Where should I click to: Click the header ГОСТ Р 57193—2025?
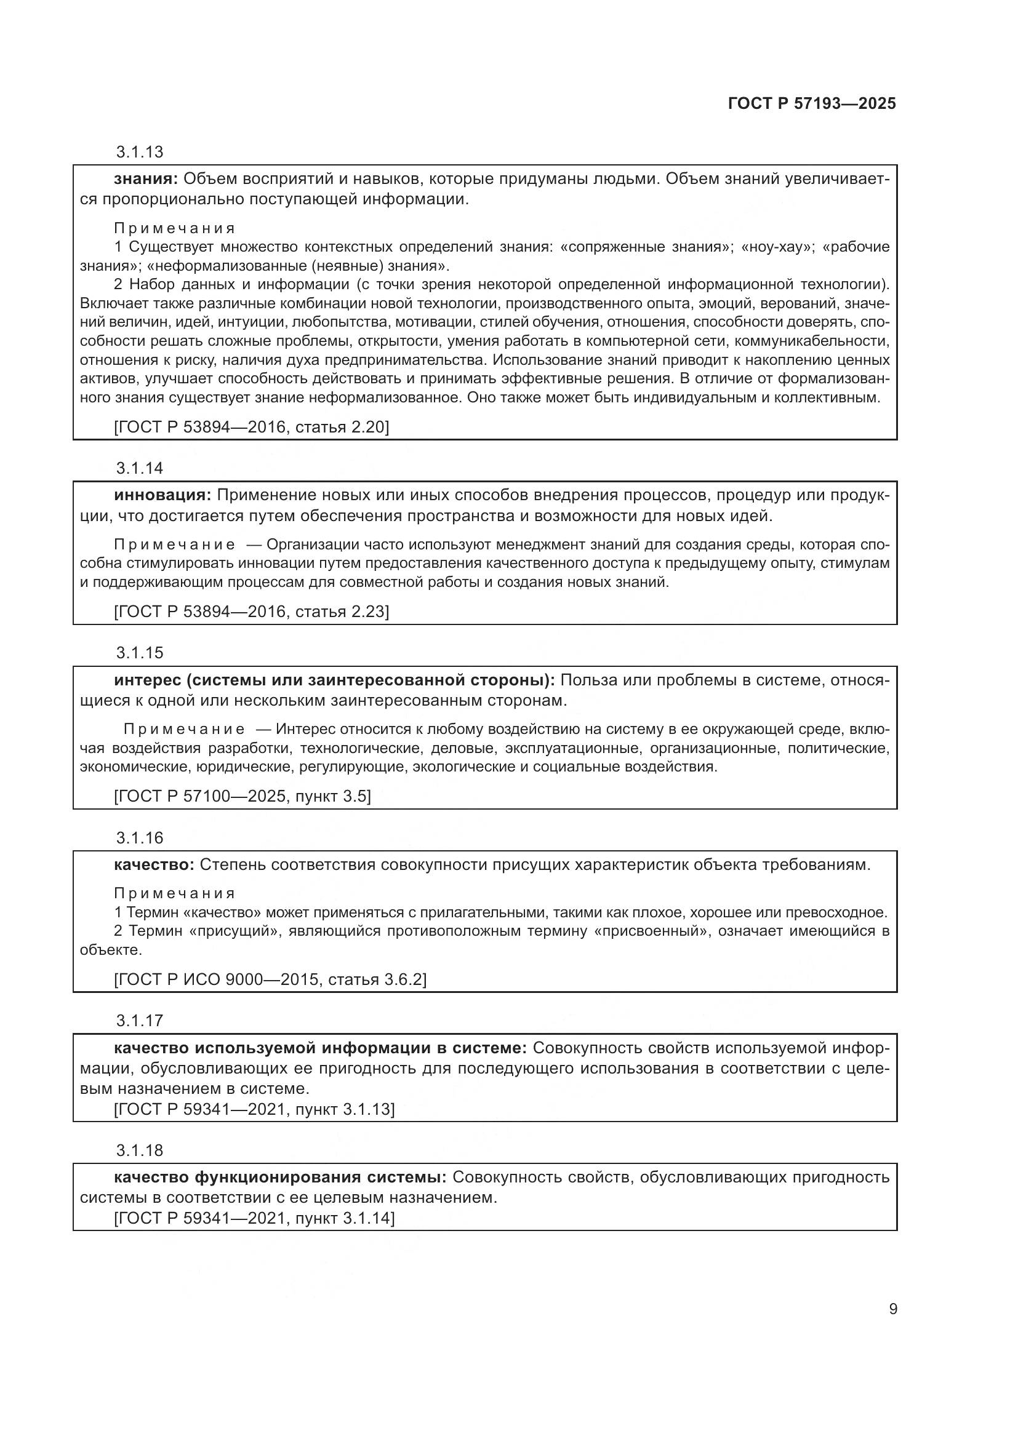[x=812, y=104]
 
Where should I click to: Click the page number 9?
[x=893, y=1309]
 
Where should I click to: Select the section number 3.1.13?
[x=139, y=152]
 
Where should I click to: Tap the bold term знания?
[x=146, y=179]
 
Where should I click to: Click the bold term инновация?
[x=162, y=496]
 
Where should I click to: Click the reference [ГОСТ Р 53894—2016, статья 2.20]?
[x=250, y=428]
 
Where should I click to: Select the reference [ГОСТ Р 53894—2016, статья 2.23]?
[x=250, y=612]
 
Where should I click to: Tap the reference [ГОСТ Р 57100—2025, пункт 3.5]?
[x=242, y=797]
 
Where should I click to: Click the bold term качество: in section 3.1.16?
[x=154, y=865]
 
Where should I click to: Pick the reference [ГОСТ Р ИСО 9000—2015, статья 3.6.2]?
[x=270, y=979]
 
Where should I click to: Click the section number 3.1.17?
[x=139, y=1020]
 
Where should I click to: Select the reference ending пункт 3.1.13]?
[x=254, y=1109]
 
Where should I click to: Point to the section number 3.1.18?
[x=139, y=1150]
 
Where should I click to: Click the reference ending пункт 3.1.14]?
[x=254, y=1218]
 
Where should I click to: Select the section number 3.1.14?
[x=139, y=468]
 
